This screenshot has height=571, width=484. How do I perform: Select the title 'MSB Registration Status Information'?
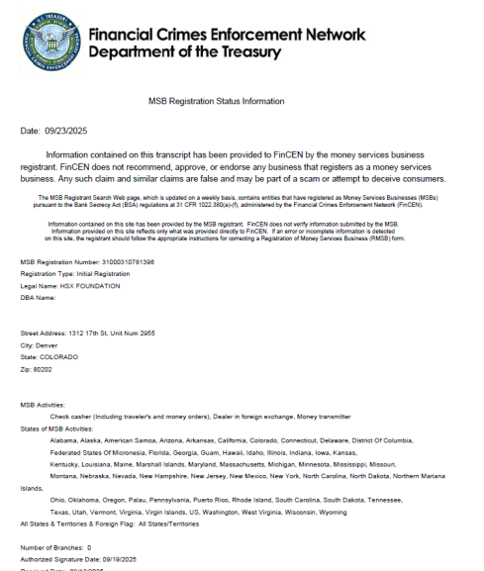tap(216, 101)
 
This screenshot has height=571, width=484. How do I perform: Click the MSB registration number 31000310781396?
tap(122, 261)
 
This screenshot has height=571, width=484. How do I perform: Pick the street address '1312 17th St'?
tap(92, 333)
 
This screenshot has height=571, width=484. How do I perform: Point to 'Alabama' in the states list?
tap(62, 439)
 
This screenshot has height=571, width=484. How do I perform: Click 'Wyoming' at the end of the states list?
tap(331, 512)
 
